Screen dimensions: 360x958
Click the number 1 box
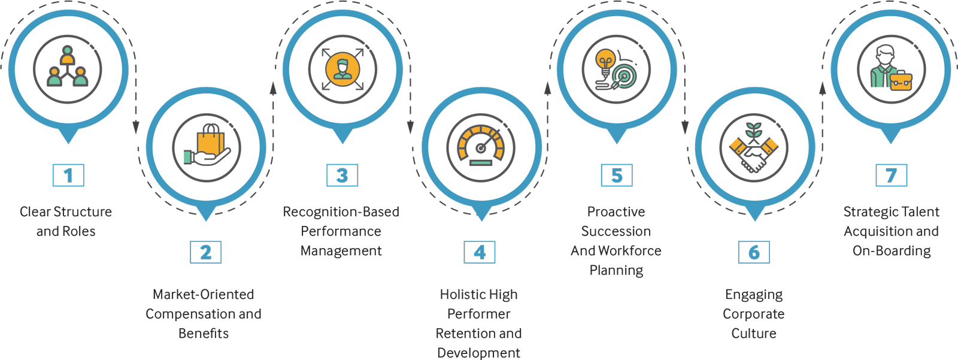pos(68,176)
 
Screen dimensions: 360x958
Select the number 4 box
pos(480,252)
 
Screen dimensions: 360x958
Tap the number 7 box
pos(891,176)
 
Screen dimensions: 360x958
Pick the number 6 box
pos(754,252)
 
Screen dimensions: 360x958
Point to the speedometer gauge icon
pos(480,145)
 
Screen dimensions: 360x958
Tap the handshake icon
pos(754,154)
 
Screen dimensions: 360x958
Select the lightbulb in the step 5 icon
pos(605,61)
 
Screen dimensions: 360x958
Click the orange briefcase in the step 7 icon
pos(901,80)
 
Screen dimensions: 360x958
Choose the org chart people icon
pos(67,67)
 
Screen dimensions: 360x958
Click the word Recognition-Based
pos(341,212)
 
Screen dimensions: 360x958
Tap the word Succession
pos(616,231)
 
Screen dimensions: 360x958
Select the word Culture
pos(754,333)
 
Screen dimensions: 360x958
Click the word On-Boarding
pos(892,250)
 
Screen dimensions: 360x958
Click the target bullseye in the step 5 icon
pos(624,77)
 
